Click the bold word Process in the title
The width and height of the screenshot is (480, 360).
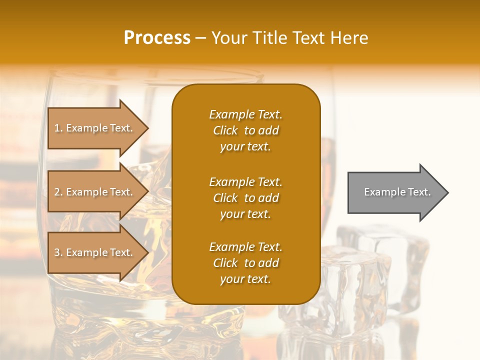pyautogui.click(x=157, y=38)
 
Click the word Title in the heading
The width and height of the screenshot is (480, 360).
pyautogui.click(x=268, y=38)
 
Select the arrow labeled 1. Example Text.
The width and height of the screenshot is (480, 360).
pyautogui.click(x=95, y=128)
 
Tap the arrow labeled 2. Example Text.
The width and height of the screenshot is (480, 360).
pyautogui.click(x=95, y=192)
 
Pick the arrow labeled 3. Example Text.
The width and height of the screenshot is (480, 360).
pyautogui.click(x=95, y=252)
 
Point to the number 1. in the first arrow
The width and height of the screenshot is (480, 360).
pyautogui.click(x=58, y=128)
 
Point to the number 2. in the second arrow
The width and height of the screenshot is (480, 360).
pyautogui.click(x=58, y=192)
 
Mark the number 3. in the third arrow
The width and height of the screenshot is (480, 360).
pyautogui.click(x=58, y=252)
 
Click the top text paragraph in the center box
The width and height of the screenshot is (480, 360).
pyautogui.click(x=245, y=130)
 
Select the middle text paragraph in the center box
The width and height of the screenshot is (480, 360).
pyautogui.click(x=245, y=198)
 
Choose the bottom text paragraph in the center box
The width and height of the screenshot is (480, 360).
pyautogui.click(x=245, y=263)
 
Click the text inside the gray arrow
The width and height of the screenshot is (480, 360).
pyautogui.click(x=397, y=192)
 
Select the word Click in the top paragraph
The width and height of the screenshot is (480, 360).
pyautogui.click(x=225, y=130)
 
